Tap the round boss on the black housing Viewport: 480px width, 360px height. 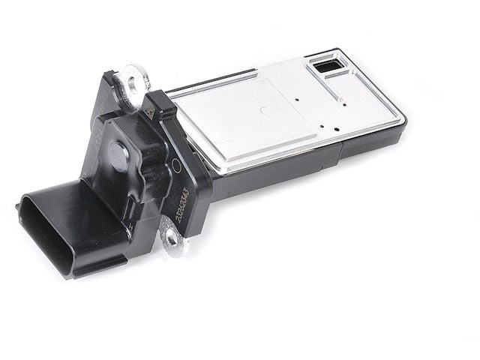coord(119,154)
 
